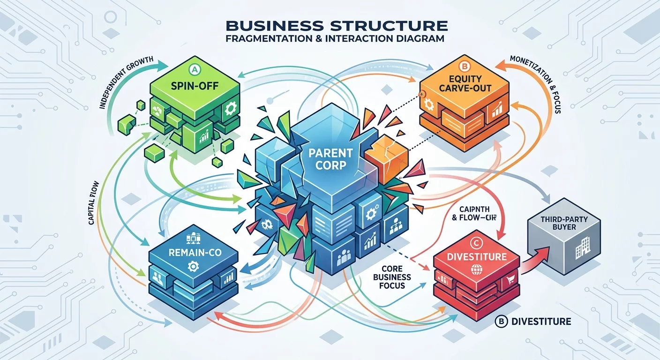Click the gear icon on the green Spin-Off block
click(x=230, y=109)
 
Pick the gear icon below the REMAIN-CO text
click(x=191, y=266)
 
